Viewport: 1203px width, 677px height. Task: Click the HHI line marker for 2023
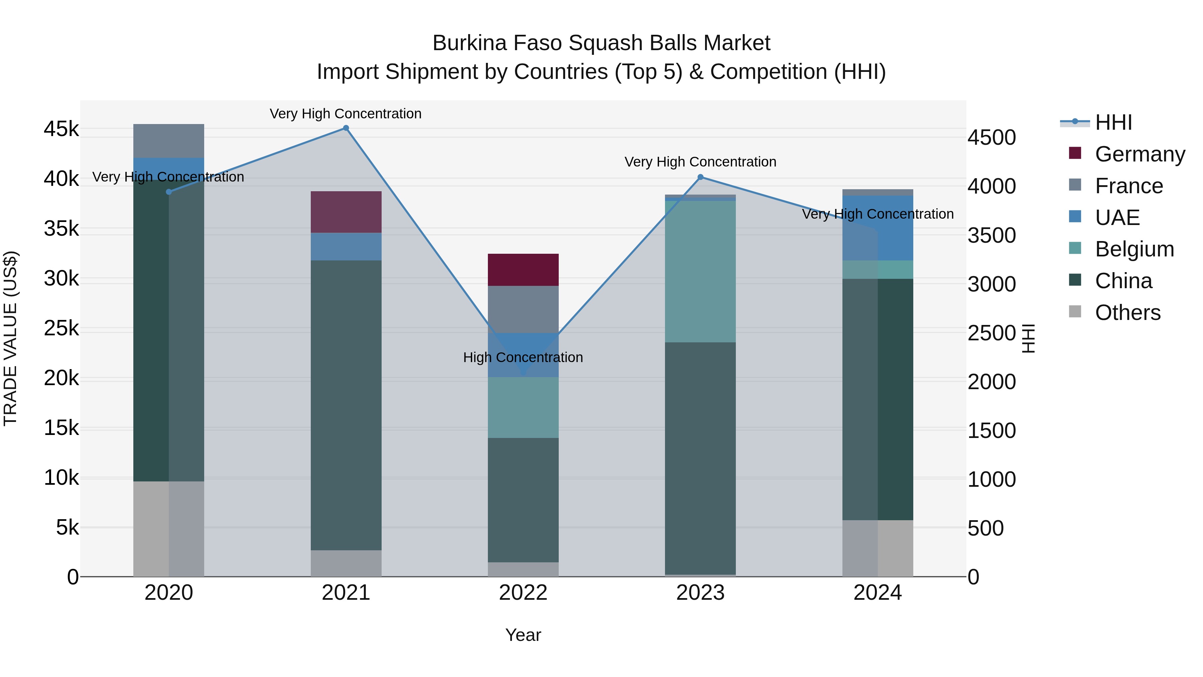700,177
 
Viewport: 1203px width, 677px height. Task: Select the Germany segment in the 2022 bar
523,269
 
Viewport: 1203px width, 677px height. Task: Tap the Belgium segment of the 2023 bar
700,271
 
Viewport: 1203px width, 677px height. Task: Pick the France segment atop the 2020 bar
169,141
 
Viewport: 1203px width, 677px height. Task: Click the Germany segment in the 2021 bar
346,212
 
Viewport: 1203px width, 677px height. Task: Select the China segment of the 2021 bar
346,405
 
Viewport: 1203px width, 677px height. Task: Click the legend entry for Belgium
1134,249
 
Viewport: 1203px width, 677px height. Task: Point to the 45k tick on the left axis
61,129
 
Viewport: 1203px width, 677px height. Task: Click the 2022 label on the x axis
523,593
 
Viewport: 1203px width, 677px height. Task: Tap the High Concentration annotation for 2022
523,357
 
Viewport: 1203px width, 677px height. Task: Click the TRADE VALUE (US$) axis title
10,338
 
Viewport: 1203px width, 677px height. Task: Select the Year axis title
523,635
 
